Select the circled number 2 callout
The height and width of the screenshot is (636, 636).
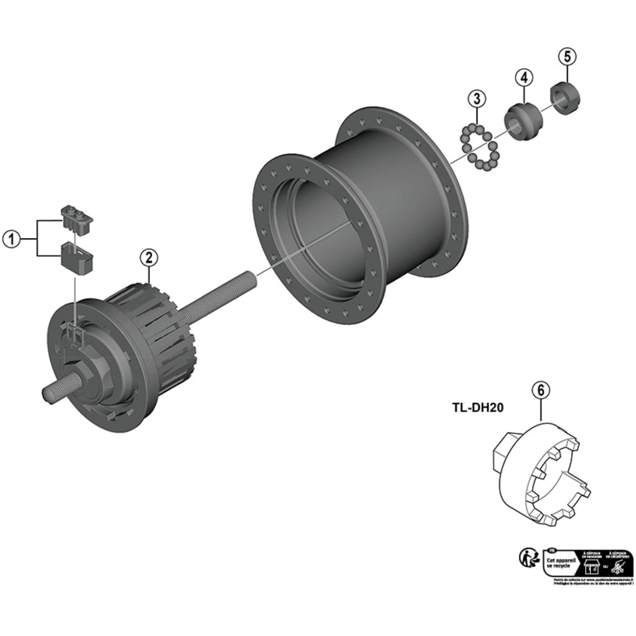click(x=149, y=258)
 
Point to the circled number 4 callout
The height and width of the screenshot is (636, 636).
click(x=524, y=78)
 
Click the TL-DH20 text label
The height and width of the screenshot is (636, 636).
click(x=478, y=408)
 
